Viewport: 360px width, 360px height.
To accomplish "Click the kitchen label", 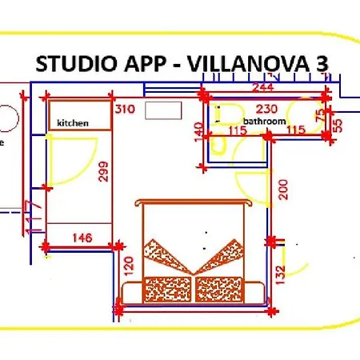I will point(72,123).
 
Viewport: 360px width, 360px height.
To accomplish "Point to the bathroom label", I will point(264,122).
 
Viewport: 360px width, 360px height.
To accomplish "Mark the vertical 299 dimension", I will point(102,172).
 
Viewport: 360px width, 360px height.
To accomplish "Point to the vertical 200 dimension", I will point(282,190).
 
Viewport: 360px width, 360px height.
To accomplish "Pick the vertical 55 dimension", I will point(337,125).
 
